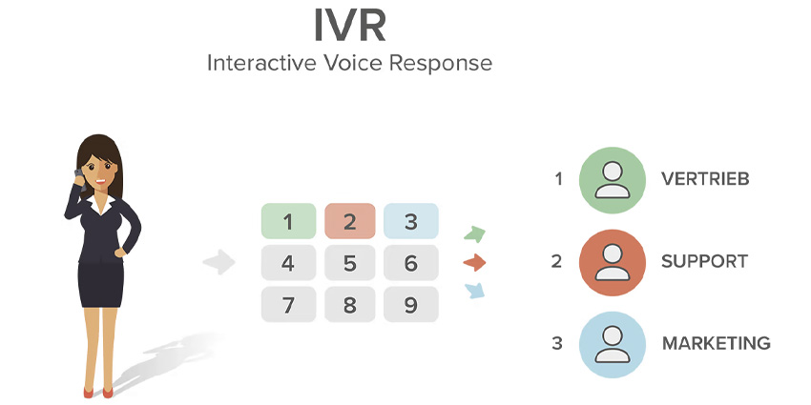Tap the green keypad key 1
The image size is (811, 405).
[288, 223]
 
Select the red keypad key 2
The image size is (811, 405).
[349, 223]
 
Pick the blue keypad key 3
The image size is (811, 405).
[410, 223]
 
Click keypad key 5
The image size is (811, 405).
[349, 264]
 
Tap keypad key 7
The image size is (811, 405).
[288, 305]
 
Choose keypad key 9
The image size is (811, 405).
[410, 305]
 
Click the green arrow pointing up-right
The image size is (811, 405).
[475, 234]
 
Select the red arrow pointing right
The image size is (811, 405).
[475, 262]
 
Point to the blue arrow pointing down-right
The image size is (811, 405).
[475, 290]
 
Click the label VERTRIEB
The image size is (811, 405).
[705, 179]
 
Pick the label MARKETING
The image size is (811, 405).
[716, 344]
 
